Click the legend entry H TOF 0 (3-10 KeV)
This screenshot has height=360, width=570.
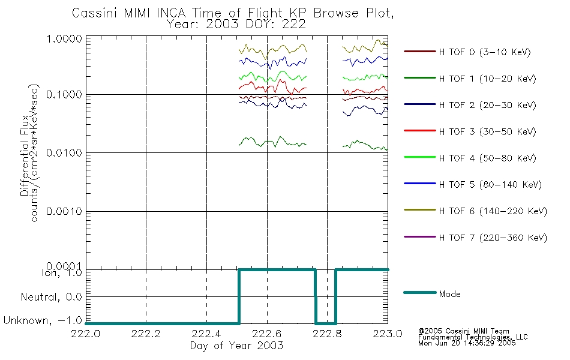(485, 52)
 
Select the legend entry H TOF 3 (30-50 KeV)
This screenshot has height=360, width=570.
(487, 131)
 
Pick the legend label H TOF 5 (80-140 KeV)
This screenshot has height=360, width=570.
(490, 185)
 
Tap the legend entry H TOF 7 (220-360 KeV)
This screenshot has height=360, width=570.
(493, 238)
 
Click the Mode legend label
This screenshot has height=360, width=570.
(449, 294)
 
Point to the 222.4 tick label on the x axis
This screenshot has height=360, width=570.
(206, 334)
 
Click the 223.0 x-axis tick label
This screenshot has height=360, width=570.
(388, 334)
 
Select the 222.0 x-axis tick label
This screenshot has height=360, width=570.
(86, 334)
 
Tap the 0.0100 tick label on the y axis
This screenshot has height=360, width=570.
(64, 153)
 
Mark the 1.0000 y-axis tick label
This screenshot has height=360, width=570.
(64, 38)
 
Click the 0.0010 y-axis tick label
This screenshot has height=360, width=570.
(64, 211)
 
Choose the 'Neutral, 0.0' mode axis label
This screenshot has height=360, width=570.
(51, 298)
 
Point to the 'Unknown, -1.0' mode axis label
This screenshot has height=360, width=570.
(43, 321)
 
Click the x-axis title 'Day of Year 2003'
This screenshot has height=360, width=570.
(236, 346)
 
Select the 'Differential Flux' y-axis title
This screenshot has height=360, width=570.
(25, 155)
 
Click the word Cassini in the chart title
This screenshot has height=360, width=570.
(95, 13)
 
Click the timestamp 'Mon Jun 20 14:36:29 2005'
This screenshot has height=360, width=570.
(467, 343)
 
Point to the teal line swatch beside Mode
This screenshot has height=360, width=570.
(420, 293)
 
